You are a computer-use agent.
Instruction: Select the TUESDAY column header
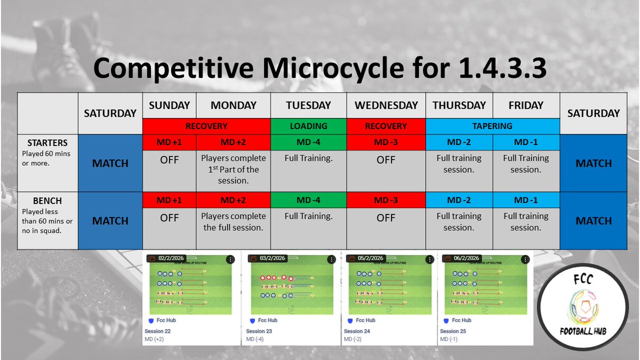308,106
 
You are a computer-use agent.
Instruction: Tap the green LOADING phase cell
308,126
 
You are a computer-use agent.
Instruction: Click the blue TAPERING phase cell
492,126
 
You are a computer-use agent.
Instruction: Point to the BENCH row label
47,201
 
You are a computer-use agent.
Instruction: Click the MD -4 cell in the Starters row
308,143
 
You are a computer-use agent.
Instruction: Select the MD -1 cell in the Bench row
525,201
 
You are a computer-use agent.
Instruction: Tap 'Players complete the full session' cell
233,222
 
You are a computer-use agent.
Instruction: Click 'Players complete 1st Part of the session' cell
233,170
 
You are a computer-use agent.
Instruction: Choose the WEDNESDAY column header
386,106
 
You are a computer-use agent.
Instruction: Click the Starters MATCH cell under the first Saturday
110,163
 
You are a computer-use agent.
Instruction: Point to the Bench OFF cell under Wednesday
386,218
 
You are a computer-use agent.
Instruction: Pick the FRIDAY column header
525,106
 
